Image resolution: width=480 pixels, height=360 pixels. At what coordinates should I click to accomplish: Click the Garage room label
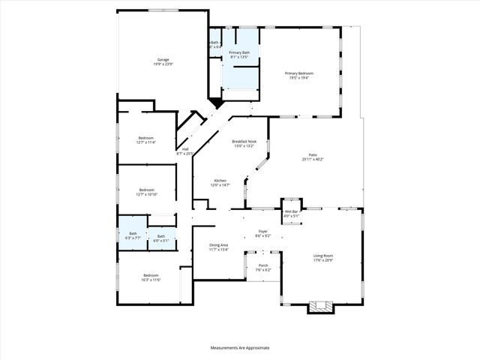pyautogui.click(x=163, y=59)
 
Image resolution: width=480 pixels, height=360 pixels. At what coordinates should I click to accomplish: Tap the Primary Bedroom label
pyautogui.click(x=299, y=73)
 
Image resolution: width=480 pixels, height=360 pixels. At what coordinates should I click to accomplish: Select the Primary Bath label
pyautogui.click(x=240, y=52)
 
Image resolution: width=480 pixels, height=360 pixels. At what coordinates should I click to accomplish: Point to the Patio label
pyautogui.click(x=313, y=154)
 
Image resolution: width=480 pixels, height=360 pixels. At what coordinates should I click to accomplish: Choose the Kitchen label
pyautogui.click(x=220, y=180)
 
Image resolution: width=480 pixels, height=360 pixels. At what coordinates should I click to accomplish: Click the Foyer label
pyautogui.click(x=263, y=231)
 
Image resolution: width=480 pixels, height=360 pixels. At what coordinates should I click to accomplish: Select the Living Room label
pyautogui.click(x=323, y=256)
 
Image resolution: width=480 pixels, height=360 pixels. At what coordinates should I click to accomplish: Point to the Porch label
pyautogui.click(x=263, y=265)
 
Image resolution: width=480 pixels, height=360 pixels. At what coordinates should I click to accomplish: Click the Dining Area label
pyautogui.click(x=219, y=245)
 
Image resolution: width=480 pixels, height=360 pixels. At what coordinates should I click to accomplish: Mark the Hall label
pyautogui.click(x=185, y=148)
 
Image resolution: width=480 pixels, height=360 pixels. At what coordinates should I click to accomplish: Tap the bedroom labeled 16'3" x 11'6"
pyautogui.click(x=151, y=277)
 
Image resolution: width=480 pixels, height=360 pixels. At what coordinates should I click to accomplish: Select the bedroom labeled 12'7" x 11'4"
pyautogui.click(x=146, y=139)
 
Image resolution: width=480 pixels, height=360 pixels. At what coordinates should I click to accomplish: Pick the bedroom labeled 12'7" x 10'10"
pyautogui.click(x=146, y=192)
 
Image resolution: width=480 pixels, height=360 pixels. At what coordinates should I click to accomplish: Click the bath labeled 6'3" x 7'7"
pyautogui.click(x=133, y=235)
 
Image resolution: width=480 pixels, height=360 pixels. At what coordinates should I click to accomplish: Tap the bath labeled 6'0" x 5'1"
pyautogui.click(x=160, y=238)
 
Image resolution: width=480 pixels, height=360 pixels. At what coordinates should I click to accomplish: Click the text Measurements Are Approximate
pyautogui.click(x=240, y=348)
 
